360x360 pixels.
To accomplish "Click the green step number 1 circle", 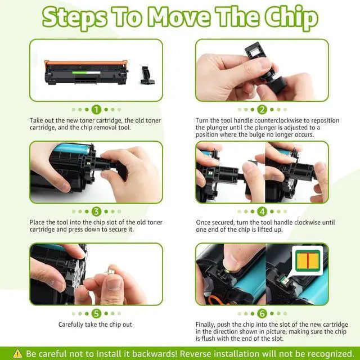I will [x=96, y=110].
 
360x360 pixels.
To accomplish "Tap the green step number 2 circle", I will [x=262, y=110].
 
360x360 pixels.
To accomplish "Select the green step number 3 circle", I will [x=96, y=211].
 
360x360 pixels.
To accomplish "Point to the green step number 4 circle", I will [x=262, y=211].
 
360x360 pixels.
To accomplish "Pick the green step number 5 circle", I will [x=96, y=313].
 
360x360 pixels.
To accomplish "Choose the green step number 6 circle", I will [x=262, y=313].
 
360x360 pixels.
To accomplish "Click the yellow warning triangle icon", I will [x=17, y=353].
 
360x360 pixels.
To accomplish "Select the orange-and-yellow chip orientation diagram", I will [x=307, y=259].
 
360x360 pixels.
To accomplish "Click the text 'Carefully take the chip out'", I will [x=96, y=325].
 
